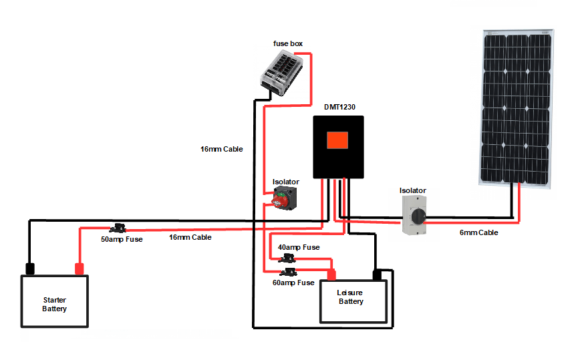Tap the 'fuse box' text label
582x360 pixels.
[288, 43]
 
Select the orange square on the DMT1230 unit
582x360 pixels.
[337, 140]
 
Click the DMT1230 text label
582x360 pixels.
[339, 106]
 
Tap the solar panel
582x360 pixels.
[516, 106]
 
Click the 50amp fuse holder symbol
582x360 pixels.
[121, 228]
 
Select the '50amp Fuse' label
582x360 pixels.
[122, 239]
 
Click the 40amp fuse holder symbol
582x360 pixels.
[289, 258]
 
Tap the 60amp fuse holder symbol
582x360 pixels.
[289, 271]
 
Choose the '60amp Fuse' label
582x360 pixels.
[293, 283]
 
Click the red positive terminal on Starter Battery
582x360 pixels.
[79, 269]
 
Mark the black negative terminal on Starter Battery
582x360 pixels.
[30, 269]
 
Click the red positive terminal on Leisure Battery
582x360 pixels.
[331, 274]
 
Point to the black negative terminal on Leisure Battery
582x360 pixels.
[377, 274]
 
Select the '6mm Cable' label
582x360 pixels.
[478, 233]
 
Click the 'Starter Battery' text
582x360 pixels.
[54, 304]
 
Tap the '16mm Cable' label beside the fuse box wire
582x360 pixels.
[221, 149]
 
